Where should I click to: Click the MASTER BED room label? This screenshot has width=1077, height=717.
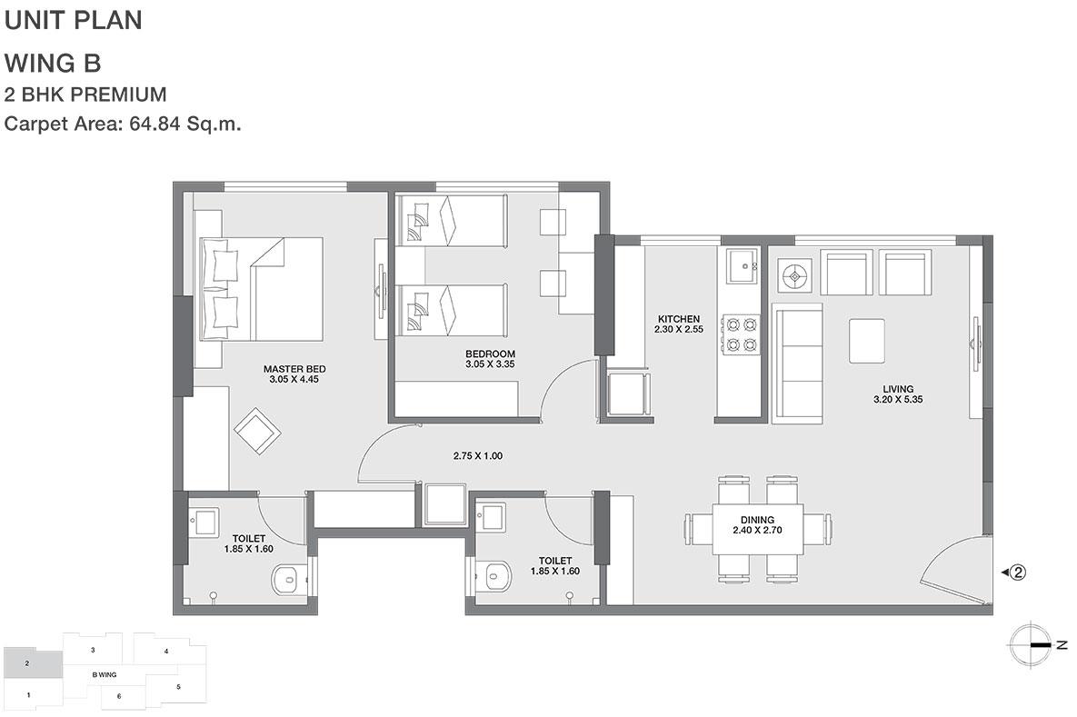coord(294,369)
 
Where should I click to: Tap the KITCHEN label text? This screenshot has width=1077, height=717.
coord(679,319)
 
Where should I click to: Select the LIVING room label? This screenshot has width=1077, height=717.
coord(899,389)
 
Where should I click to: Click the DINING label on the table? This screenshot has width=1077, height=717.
coord(758,520)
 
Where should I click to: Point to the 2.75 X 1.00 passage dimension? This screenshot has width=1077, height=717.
coord(478,455)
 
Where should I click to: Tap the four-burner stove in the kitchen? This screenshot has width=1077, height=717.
coord(741,334)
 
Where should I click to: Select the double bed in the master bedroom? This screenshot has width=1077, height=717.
coord(262,288)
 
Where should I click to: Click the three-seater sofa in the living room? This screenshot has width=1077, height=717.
coord(797,363)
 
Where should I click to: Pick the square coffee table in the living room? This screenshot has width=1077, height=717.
coord(867,341)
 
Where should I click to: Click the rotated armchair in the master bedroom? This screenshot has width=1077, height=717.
coord(257,432)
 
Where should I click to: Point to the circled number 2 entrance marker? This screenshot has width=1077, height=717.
coord(1018,572)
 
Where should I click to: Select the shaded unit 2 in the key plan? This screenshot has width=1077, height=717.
coord(33,663)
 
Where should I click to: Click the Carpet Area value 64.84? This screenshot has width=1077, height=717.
coord(155,124)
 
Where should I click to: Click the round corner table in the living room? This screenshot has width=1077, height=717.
coord(795,276)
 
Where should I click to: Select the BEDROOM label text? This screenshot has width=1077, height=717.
coord(491,354)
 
